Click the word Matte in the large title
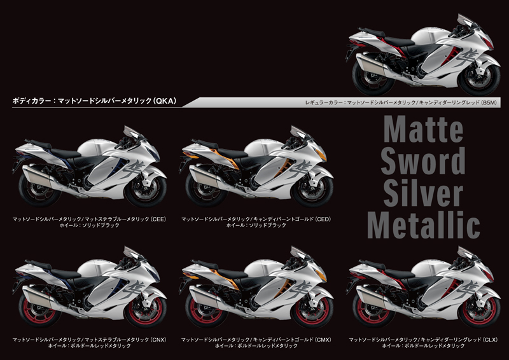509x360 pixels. (x=423, y=129)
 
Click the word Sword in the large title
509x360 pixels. (x=423, y=161)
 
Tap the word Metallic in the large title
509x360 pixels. (x=423, y=225)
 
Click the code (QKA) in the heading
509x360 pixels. (x=165, y=101)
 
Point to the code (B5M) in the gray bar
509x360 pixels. (x=489, y=102)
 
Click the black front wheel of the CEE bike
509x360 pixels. (x=146, y=191)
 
